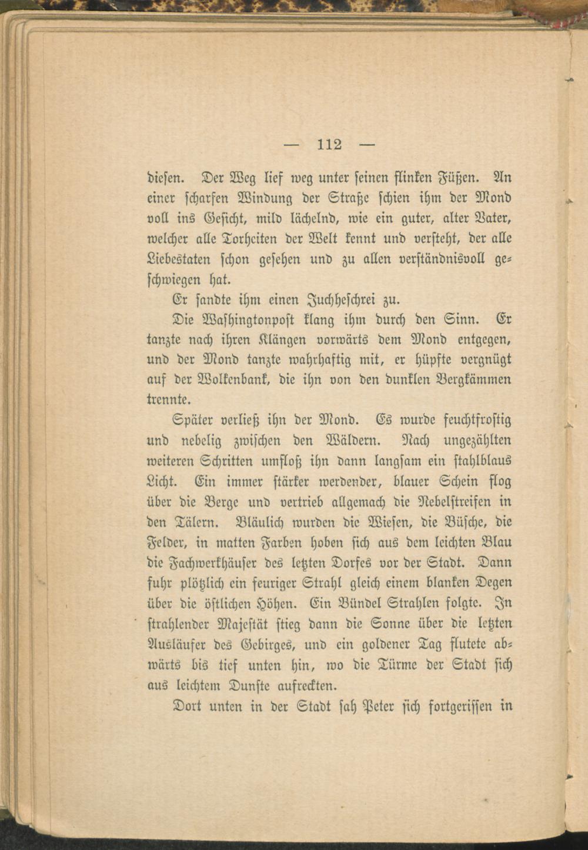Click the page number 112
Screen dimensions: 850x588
[329, 144]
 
